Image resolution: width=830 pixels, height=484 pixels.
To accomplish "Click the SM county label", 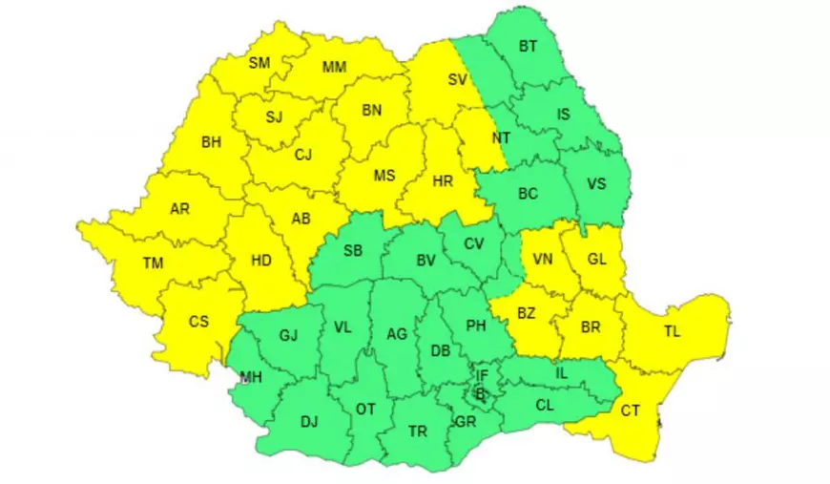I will coord(259,63).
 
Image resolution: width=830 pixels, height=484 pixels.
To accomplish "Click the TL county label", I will coord(673,331).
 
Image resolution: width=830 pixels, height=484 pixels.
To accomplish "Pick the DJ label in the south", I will coord(309,421).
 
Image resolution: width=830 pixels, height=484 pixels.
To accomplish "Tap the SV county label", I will coord(457,80).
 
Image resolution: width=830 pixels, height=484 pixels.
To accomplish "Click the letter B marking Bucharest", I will coord(481,393).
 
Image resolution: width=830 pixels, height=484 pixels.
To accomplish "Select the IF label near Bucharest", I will coord(482,376).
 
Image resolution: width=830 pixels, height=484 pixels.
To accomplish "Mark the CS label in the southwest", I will coord(198,321).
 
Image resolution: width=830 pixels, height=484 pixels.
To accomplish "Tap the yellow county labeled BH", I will coord(211,142).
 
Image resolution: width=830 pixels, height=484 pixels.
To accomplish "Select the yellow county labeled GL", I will coord(595,258).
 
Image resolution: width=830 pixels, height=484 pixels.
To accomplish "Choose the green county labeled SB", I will coord(353,251).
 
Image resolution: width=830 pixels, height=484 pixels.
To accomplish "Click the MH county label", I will coord(251,377).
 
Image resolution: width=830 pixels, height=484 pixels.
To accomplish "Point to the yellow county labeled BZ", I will coord(527,312).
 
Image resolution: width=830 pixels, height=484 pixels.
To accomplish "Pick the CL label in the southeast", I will coord(545,405).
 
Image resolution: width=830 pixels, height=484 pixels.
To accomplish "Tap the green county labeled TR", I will coord(418,431).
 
